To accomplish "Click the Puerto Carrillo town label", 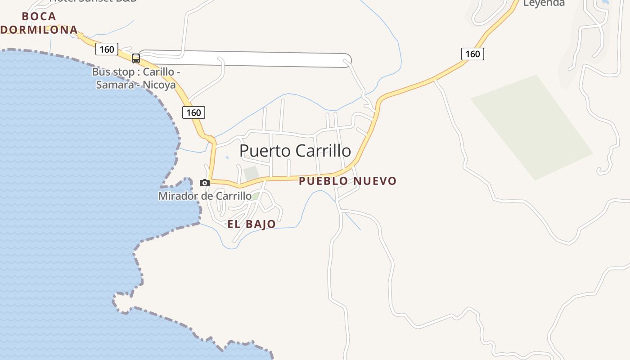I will [x=295, y=151].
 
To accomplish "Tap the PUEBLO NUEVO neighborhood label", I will [x=347, y=181].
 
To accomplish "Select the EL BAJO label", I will [x=251, y=224].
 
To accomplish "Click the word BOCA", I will [x=39, y=17].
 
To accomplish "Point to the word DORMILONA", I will [x=39, y=30].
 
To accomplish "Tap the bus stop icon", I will [x=135, y=58].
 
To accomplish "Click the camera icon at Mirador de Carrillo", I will [x=205, y=183].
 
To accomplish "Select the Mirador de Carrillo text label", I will [x=205, y=196].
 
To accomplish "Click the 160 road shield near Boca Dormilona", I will [x=107, y=49].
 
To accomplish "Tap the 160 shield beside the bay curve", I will [x=193, y=112].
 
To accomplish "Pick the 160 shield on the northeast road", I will [x=472, y=54].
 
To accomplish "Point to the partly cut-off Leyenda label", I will [x=544, y=3].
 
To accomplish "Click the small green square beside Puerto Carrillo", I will [x=251, y=173].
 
